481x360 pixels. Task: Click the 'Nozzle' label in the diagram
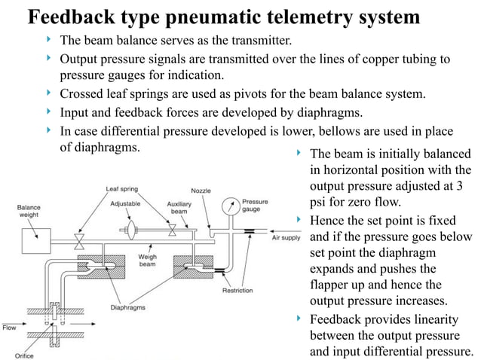201,190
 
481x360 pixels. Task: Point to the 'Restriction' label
237,291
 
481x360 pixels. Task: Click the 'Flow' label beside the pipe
9,328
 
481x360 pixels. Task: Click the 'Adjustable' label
125,203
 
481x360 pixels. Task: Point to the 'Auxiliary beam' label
179,207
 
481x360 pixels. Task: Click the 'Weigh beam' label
146,261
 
